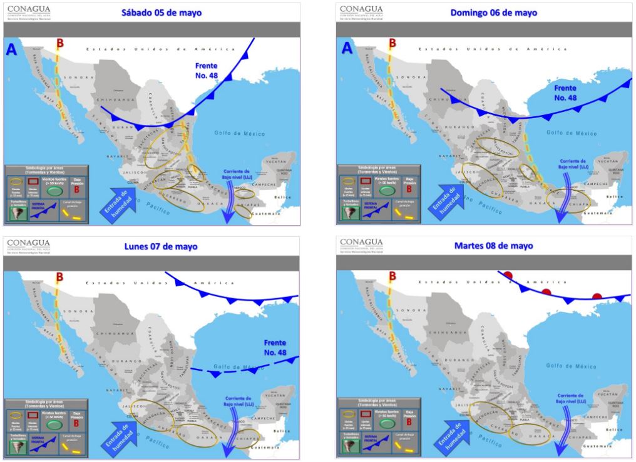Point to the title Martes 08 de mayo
[x=494, y=246]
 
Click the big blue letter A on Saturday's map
[x=11, y=51]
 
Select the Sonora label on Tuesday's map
[x=413, y=310]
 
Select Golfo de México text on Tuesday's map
[x=570, y=365]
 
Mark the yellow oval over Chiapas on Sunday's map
[x=568, y=199]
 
